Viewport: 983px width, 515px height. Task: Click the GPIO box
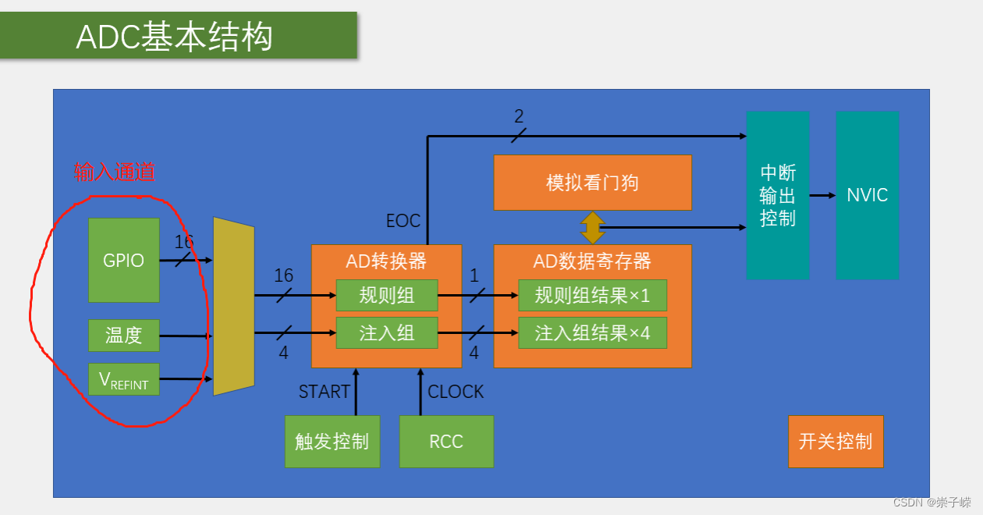coord(124,260)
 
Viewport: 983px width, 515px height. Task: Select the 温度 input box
coord(124,336)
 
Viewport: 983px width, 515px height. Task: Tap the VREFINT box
coord(124,379)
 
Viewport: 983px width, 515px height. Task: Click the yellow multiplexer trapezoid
coord(234,306)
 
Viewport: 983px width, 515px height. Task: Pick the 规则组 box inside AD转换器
coord(387,295)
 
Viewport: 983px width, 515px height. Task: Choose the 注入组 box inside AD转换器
coord(387,333)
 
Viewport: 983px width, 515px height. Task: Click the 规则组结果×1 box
coord(592,295)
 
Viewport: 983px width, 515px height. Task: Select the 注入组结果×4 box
coord(592,333)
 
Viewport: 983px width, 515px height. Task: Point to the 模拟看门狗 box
coord(592,183)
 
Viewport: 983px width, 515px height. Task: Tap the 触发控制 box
coord(332,442)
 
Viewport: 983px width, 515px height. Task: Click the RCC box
coord(446,442)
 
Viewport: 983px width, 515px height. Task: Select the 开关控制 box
coord(836,442)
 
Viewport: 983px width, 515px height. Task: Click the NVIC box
coord(868,195)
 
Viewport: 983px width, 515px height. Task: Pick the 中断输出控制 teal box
coord(778,195)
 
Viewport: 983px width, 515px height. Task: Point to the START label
coord(325,392)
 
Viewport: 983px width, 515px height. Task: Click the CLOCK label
coord(456,392)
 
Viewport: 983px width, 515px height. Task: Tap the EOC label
coord(403,221)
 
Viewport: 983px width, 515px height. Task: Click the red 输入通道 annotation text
coord(114,172)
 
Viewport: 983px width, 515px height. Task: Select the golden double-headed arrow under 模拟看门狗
coord(592,228)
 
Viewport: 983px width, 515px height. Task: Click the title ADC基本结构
coord(175,37)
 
